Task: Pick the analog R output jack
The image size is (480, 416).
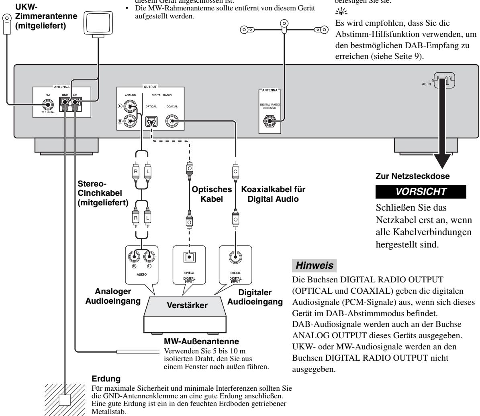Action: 131,120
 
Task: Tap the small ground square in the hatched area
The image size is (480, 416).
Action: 65,400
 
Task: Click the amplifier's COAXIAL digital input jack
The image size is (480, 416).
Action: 235,256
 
